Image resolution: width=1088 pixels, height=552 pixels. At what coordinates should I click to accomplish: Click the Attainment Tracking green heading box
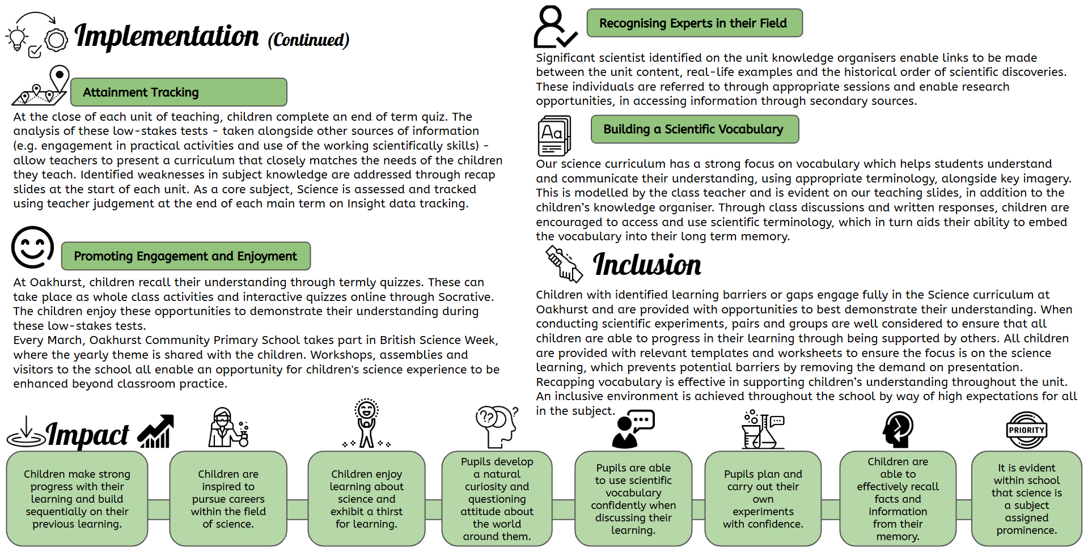click(x=179, y=92)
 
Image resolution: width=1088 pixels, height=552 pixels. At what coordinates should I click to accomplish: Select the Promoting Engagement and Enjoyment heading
click(x=186, y=256)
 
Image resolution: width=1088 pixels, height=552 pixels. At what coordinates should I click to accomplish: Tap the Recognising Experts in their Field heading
click(x=695, y=23)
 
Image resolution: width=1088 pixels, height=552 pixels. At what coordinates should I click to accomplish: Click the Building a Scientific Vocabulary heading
click(x=695, y=129)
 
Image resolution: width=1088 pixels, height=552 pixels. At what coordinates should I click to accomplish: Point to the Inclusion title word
click(x=647, y=265)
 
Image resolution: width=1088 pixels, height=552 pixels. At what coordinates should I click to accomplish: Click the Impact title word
click(x=88, y=435)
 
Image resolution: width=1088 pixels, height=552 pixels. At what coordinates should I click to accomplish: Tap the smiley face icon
click(x=33, y=247)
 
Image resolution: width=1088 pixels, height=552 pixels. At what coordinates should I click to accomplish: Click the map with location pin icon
click(x=41, y=86)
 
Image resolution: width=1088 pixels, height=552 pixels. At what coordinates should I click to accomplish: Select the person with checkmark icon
click(x=554, y=27)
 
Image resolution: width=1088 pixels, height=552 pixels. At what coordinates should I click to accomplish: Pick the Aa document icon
click(x=554, y=135)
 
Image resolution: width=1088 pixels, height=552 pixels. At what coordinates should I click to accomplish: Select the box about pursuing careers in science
click(x=228, y=499)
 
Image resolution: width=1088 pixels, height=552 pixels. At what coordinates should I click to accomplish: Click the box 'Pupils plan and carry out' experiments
click(x=763, y=499)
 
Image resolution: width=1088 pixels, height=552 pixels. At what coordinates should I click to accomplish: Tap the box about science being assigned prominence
click(x=1027, y=499)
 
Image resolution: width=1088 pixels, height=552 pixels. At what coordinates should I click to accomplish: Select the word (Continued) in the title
click(x=308, y=40)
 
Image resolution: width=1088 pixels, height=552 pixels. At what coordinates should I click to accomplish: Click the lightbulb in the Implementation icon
click(x=16, y=38)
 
